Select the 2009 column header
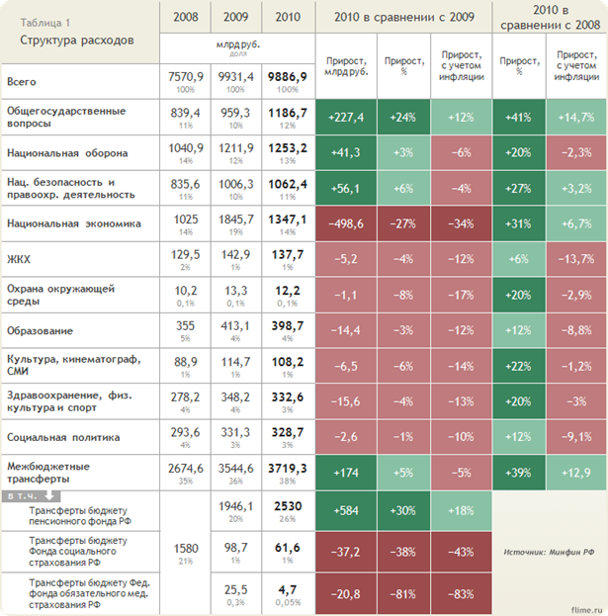tap(236, 16)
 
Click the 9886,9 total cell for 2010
tap(288, 75)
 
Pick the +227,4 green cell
tap(345, 118)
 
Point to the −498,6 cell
tap(345, 224)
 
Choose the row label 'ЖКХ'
tap(19, 260)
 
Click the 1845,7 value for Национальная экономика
tap(236, 222)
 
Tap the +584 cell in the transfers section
tap(345, 510)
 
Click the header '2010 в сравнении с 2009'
tap(402, 16)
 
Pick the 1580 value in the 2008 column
tap(185, 547)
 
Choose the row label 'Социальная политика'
tap(62, 436)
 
